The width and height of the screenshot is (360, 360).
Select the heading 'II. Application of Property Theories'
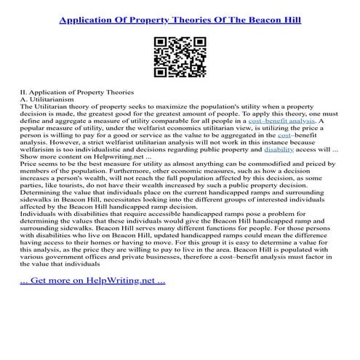tap(77, 91)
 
